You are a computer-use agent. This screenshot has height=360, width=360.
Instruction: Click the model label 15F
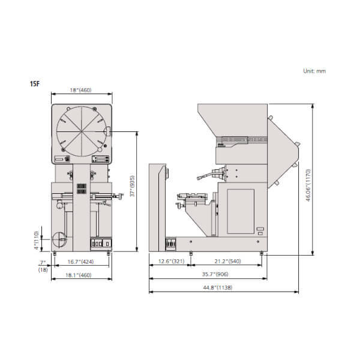pos(35,84)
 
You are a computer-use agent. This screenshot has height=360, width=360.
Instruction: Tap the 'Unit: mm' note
pos(314,71)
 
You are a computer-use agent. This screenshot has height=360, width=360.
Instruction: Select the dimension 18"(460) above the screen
pos(80,90)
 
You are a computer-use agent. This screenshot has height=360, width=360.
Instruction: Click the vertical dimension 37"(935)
pos(132,186)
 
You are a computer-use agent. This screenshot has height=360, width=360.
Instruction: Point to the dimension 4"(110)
pos(36,240)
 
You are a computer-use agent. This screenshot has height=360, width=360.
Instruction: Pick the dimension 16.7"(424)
pos(80,262)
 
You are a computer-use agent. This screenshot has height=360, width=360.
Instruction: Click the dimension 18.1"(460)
pos(79,275)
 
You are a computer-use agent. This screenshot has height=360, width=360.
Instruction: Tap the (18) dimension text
pos(43,270)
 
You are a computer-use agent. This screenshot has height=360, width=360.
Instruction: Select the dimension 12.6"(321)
pos(171,261)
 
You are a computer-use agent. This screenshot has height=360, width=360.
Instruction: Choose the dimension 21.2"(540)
pos(228,261)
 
